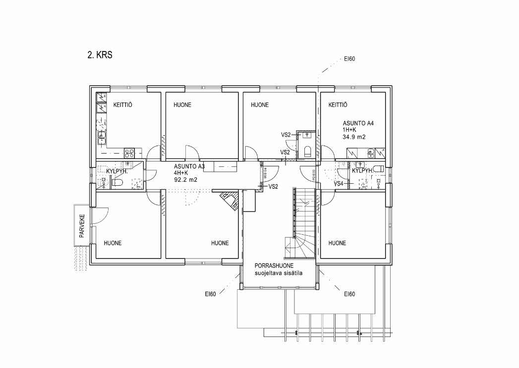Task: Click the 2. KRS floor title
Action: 100,55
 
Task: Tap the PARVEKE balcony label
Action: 82,226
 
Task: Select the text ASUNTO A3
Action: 189,166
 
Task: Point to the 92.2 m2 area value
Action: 186,180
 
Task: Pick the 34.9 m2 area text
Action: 354,137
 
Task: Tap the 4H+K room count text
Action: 181,173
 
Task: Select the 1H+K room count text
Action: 349,130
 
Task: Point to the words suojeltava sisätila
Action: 278,273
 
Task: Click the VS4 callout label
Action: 339,184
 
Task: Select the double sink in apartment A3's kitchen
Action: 103,138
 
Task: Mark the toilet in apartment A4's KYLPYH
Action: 379,169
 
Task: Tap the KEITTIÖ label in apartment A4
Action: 338,105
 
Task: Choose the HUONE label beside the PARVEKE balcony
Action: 113,243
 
